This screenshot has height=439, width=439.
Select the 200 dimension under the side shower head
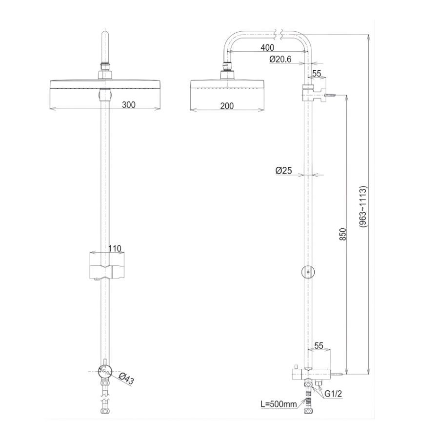tap(226, 106)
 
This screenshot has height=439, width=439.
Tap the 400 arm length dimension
tap(267, 48)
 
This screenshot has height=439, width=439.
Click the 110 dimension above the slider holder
tap(114, 248)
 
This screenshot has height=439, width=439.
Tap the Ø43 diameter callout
tap(126, 379)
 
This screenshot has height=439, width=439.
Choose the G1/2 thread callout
tap(333, 394)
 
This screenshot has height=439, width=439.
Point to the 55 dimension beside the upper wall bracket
tap(316, 74)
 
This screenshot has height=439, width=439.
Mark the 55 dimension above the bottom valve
tap(319, 346)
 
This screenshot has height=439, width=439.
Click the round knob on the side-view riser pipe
tap(307, 271)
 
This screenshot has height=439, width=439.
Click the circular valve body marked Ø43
tap(105, 372)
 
